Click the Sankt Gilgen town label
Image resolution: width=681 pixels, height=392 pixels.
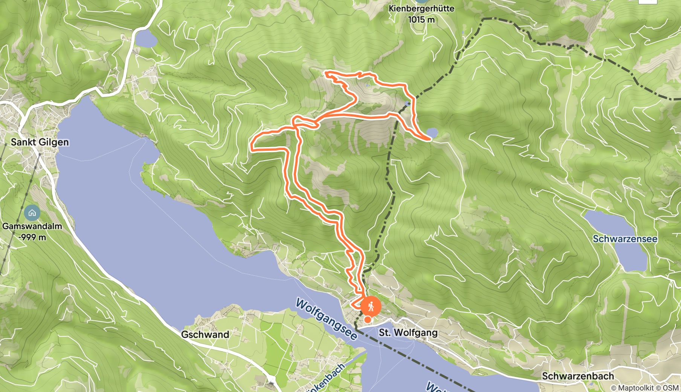click(40, 142)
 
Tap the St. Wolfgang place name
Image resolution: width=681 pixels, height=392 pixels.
click(408, 332)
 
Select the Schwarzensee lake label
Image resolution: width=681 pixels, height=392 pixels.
click(625, 239)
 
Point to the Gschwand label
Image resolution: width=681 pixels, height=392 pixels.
click(205, 334)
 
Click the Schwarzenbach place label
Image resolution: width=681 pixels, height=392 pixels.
click(578, 376)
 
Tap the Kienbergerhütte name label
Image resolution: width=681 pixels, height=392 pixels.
click(421, 8)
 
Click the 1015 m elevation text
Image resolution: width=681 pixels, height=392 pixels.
click(421, 19)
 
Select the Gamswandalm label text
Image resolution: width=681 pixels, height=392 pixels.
click(32, 226)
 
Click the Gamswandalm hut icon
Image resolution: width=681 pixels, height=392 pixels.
click(32, 213)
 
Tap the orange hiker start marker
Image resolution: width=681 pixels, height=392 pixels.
click(371, 306)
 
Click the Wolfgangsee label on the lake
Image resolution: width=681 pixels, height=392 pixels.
click(326, 319)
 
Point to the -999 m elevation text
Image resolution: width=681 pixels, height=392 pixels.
click(33, 237)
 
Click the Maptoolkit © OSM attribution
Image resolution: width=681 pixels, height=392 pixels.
click(644, 387)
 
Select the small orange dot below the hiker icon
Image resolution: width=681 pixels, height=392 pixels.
click(367, 320)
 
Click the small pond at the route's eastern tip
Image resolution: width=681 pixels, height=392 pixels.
click(432, 133)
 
